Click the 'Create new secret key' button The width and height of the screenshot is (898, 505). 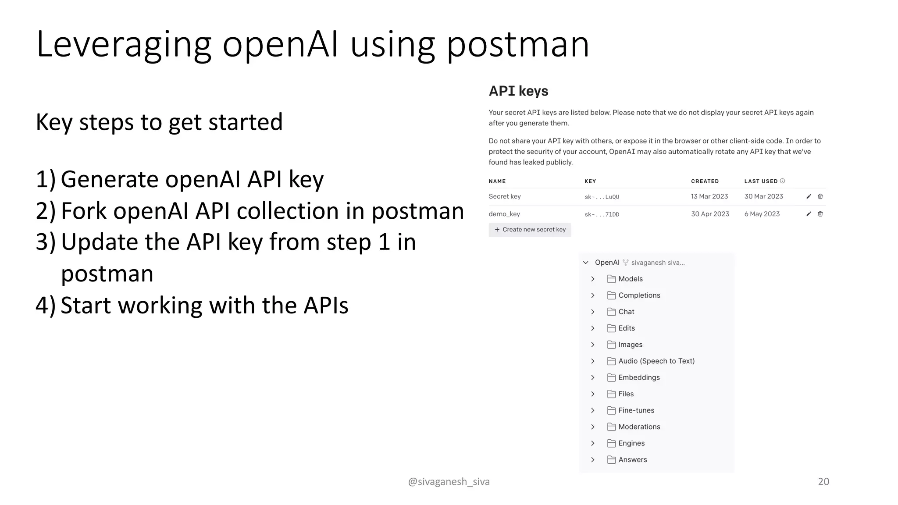(x=530, y=230)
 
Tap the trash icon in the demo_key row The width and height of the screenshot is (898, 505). (x=820, y=214)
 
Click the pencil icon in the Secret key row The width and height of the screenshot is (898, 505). (x=809, y=196)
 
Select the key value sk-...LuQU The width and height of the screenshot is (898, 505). (x=602, y=197)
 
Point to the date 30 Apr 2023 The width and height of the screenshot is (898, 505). (x=710, y=214)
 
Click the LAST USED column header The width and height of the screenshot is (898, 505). (x=761, y=181)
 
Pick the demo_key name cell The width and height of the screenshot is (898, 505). (x=504, y=214)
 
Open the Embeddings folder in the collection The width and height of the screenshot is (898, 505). (x=639, y=377)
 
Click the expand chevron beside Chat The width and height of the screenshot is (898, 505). (x=593, y=312)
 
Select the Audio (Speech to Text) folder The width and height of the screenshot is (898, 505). (x=656, y=361)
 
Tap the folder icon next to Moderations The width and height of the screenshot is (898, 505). (x=611, y=427)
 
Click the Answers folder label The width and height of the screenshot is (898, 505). (x=633, y=460)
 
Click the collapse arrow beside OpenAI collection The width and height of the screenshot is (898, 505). (x=586, y=263)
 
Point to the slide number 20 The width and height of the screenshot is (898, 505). (x=823, y=481)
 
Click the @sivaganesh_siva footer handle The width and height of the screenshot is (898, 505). (x=449, y=482)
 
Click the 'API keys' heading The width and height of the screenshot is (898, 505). (x=518, y=91)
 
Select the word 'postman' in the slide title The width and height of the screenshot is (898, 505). (x=517, y=45)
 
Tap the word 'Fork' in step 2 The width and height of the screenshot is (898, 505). (x=84, y=211)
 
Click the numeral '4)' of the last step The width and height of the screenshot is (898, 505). (x=46, y=305)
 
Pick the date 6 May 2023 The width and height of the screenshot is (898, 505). (x=762, y=214)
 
